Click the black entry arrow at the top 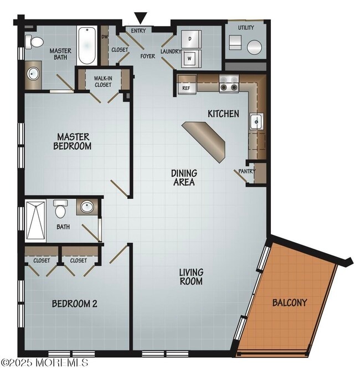pyautogui.click(x=141, y=18)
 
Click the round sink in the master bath pyautogui.click(x=32, y=74)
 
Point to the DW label pyautogui.click(x=105, y=37)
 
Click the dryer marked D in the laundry pyautogui.click(x=191, y=39)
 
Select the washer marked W pyautogui.click(x=191, y=57)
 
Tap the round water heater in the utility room pyautogui.click(x=255, y=47)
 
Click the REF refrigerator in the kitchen pyautogui.click(x=187, y=87)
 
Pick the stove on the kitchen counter pyautogui.click(x=228, y=84)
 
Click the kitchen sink pyautogui.click(x=256, y=121)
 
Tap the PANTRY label pyautogui.click(x=247, y=172)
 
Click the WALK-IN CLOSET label pyautogui.click(x=103, y=81)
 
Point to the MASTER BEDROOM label pyautogui.click(x=73, y=141)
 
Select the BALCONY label pyautogui.click(x=289, y=303)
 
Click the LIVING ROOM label pyautogui.click(x=191, y=276)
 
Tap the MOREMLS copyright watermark pyautogui.click(x=44, y=363)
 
